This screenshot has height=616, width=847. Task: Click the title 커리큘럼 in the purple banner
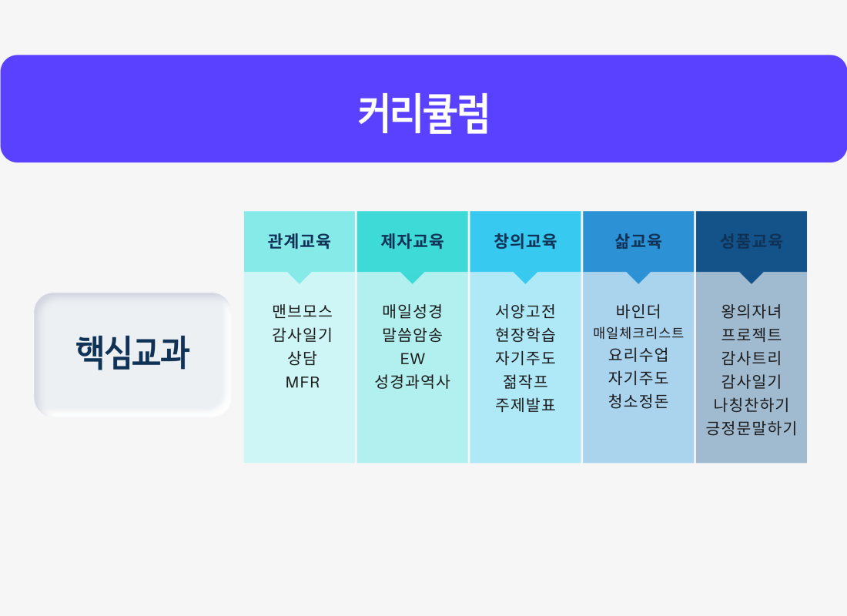[423, 113]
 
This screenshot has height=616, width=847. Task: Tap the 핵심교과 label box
[133, 354]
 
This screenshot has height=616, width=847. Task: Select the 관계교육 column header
[300, 241]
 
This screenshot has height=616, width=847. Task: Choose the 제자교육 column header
[412, 241]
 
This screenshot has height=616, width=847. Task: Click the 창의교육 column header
[525, 241]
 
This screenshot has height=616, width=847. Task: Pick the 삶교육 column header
[638, 241]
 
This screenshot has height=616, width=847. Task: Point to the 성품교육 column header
[752, 241]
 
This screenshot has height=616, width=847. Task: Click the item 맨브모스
[302, 311]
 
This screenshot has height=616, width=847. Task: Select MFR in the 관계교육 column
[303, 383]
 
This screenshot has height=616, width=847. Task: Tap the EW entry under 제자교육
[413, 359]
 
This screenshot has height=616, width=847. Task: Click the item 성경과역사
[413, 382]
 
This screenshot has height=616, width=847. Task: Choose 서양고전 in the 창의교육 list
[526, 311]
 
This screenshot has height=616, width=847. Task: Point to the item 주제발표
[526, 405]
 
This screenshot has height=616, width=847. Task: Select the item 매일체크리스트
[638, 333]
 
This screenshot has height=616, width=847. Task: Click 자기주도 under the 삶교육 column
[638, 378]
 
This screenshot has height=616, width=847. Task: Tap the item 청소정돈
[638, 401]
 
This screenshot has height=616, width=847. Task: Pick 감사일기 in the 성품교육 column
[752, 381]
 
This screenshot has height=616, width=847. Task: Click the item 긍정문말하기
[752, 428]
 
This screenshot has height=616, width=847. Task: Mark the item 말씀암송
[413, 335]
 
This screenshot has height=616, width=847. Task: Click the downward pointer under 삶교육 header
[638, 277]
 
